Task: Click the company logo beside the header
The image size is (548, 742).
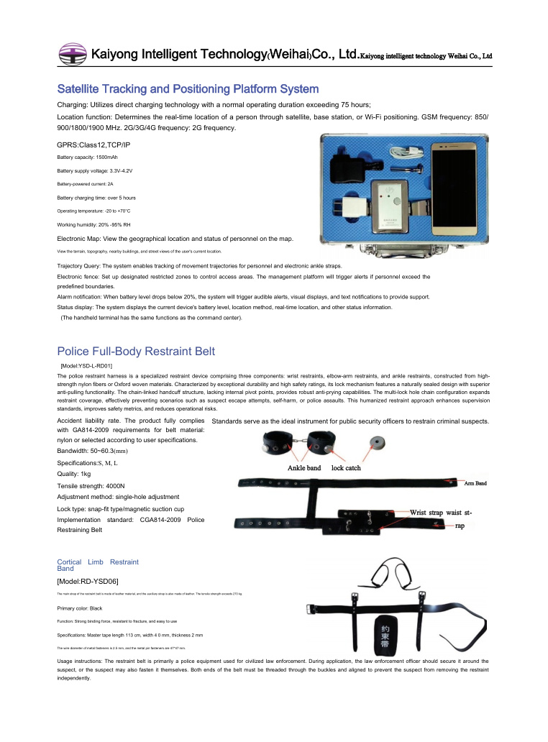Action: tap(71, 54)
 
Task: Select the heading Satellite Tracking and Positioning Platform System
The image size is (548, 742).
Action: tap(188, 89)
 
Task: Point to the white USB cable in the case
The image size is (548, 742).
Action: tap(406, 150)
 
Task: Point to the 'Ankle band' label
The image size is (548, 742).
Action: tap(304, 468)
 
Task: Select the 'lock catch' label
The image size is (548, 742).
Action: tap(346, 468)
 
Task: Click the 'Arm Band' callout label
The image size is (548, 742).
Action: tap(475, 483)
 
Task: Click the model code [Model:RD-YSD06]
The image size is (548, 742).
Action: tap(88, 580)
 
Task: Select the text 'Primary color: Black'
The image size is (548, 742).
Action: tap(80, 608)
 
